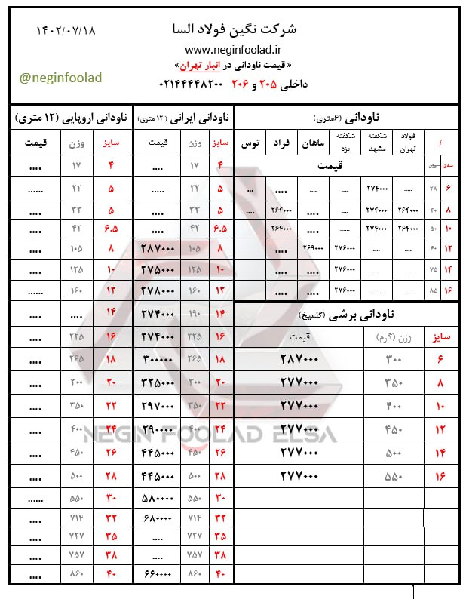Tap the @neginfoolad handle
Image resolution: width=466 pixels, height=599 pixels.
click(x=60, y=78)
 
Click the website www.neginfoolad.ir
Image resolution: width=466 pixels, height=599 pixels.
click(x=234, y=48)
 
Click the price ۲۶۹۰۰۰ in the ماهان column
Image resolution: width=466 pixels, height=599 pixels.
click(x=311, y=248)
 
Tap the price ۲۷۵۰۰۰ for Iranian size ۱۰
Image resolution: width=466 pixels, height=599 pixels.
click(x=158, y=269)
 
